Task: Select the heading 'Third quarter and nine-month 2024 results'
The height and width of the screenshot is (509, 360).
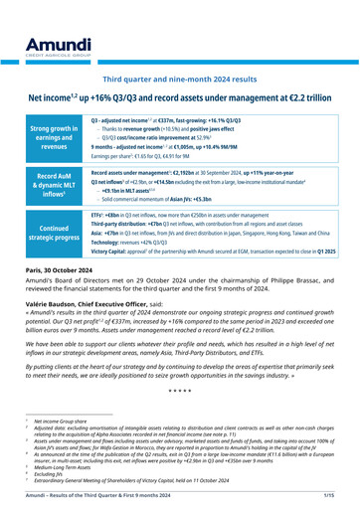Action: pos(180,49)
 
